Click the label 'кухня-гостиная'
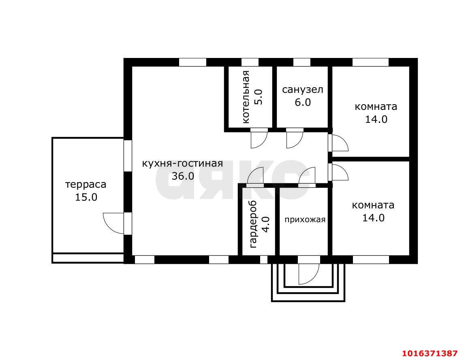coord(182,164)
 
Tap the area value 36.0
coord(183,176)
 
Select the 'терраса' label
coord(86,185)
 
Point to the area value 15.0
coord(86,197)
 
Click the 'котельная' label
coord(246,97)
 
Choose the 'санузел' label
coord(303,90)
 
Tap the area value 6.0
coord(303,102)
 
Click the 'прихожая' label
coord(305,220)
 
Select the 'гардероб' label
coord(253,225)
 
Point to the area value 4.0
coord(265,225)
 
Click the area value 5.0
coord(258,97)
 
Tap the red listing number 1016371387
coord(430,353)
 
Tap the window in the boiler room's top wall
coord(250,62)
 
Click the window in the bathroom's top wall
coord(302,62)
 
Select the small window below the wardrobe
coord(264,259)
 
